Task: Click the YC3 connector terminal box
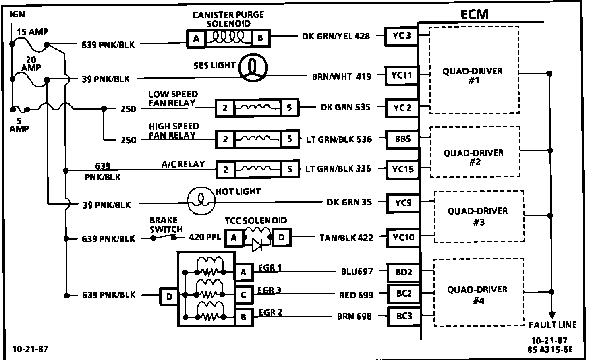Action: click(401, 35)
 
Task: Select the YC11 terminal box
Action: click(402, 75)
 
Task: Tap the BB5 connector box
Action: click(402, 139)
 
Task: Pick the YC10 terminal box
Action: click(403, 238)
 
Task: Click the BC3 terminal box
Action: click(404, 317)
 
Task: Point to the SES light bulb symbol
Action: click(253, 66)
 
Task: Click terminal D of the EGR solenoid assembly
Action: click(169, 297)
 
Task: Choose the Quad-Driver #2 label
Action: click(473, 157)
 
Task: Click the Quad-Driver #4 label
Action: click(477, 295)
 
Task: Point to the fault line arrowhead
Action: click(552, 315)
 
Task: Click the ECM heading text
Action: click(474, 14)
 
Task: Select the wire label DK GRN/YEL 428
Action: click(336, 36)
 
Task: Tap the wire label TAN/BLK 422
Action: click(346, 238)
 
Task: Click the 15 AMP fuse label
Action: click(32, 31)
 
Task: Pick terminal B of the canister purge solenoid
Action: click(260, 39)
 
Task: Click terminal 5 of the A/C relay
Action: click(290, 169)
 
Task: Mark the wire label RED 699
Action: click(356, 295)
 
